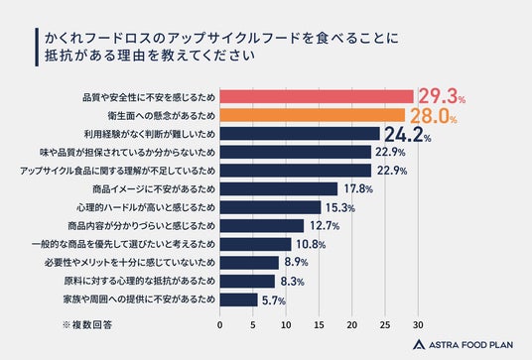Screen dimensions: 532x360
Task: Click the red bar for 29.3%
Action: click(317, 96)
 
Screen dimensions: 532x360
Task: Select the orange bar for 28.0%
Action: click(313, 115)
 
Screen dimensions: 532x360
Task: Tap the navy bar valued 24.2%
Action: click(300, 134)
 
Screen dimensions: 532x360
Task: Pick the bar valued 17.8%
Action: click(279, 188)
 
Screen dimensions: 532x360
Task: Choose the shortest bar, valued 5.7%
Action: click(238, 300)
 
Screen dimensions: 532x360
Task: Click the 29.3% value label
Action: click(442, 96)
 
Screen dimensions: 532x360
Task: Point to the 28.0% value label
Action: click(434, 116)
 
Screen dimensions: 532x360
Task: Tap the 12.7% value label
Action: click(325, 225)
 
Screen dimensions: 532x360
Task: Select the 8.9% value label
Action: click(296, 262)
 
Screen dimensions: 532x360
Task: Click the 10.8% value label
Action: click(311, 244)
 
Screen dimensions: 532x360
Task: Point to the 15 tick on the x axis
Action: click(319, 325)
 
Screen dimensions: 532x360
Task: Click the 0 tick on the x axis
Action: click(220, 325)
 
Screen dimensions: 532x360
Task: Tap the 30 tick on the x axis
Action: click(418, 325)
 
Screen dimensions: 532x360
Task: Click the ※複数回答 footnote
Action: click(87, 325)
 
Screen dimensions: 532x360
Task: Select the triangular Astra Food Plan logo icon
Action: click(419, 344)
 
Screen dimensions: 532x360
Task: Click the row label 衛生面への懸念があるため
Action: click(162, 116)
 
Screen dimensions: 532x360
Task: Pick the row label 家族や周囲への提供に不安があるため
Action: click(139, 300)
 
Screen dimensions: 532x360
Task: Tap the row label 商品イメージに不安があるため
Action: click(154, 189)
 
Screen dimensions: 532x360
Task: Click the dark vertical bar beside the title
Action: click(37, 48)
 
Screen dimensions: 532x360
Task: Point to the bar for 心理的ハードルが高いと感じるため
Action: click(270, 207)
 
